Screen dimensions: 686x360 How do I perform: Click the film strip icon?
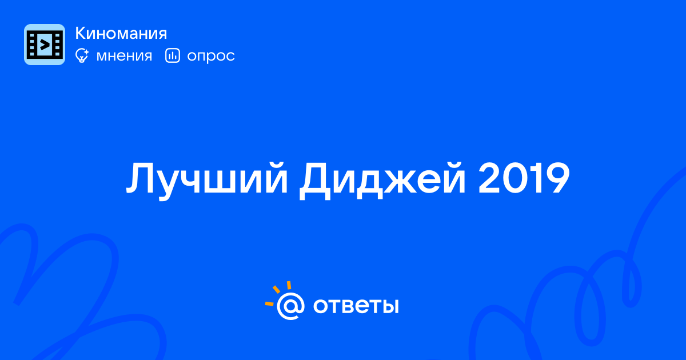pyautogui.click(x=45, y=45)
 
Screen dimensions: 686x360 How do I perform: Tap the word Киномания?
pyautogui.click(x=121, y=33)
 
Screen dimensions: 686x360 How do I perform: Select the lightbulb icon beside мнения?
pyautogui.click(x=82, y=55)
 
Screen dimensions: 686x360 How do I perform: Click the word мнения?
pyautogui.click(x=124, y=56)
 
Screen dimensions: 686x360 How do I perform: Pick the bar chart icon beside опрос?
pyautogui.click(x=173, y=55)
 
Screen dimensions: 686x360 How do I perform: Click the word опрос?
pyautogui.click(x=211, y=57)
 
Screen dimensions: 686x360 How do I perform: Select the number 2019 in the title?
pyautogui.click(x=524, y=178)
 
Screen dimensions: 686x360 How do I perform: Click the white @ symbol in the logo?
pyautogui.click(x=290, y=306)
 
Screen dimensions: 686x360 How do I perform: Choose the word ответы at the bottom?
pyautogui.click(x=356, y=306)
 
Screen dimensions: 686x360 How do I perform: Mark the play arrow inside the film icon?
pyautogui.click(x=45, y=45)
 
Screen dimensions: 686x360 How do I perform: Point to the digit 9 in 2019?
pyautogui.click(x=556, y=178)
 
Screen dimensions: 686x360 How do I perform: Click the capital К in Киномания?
pyautogui.click(x=80, y=33)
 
